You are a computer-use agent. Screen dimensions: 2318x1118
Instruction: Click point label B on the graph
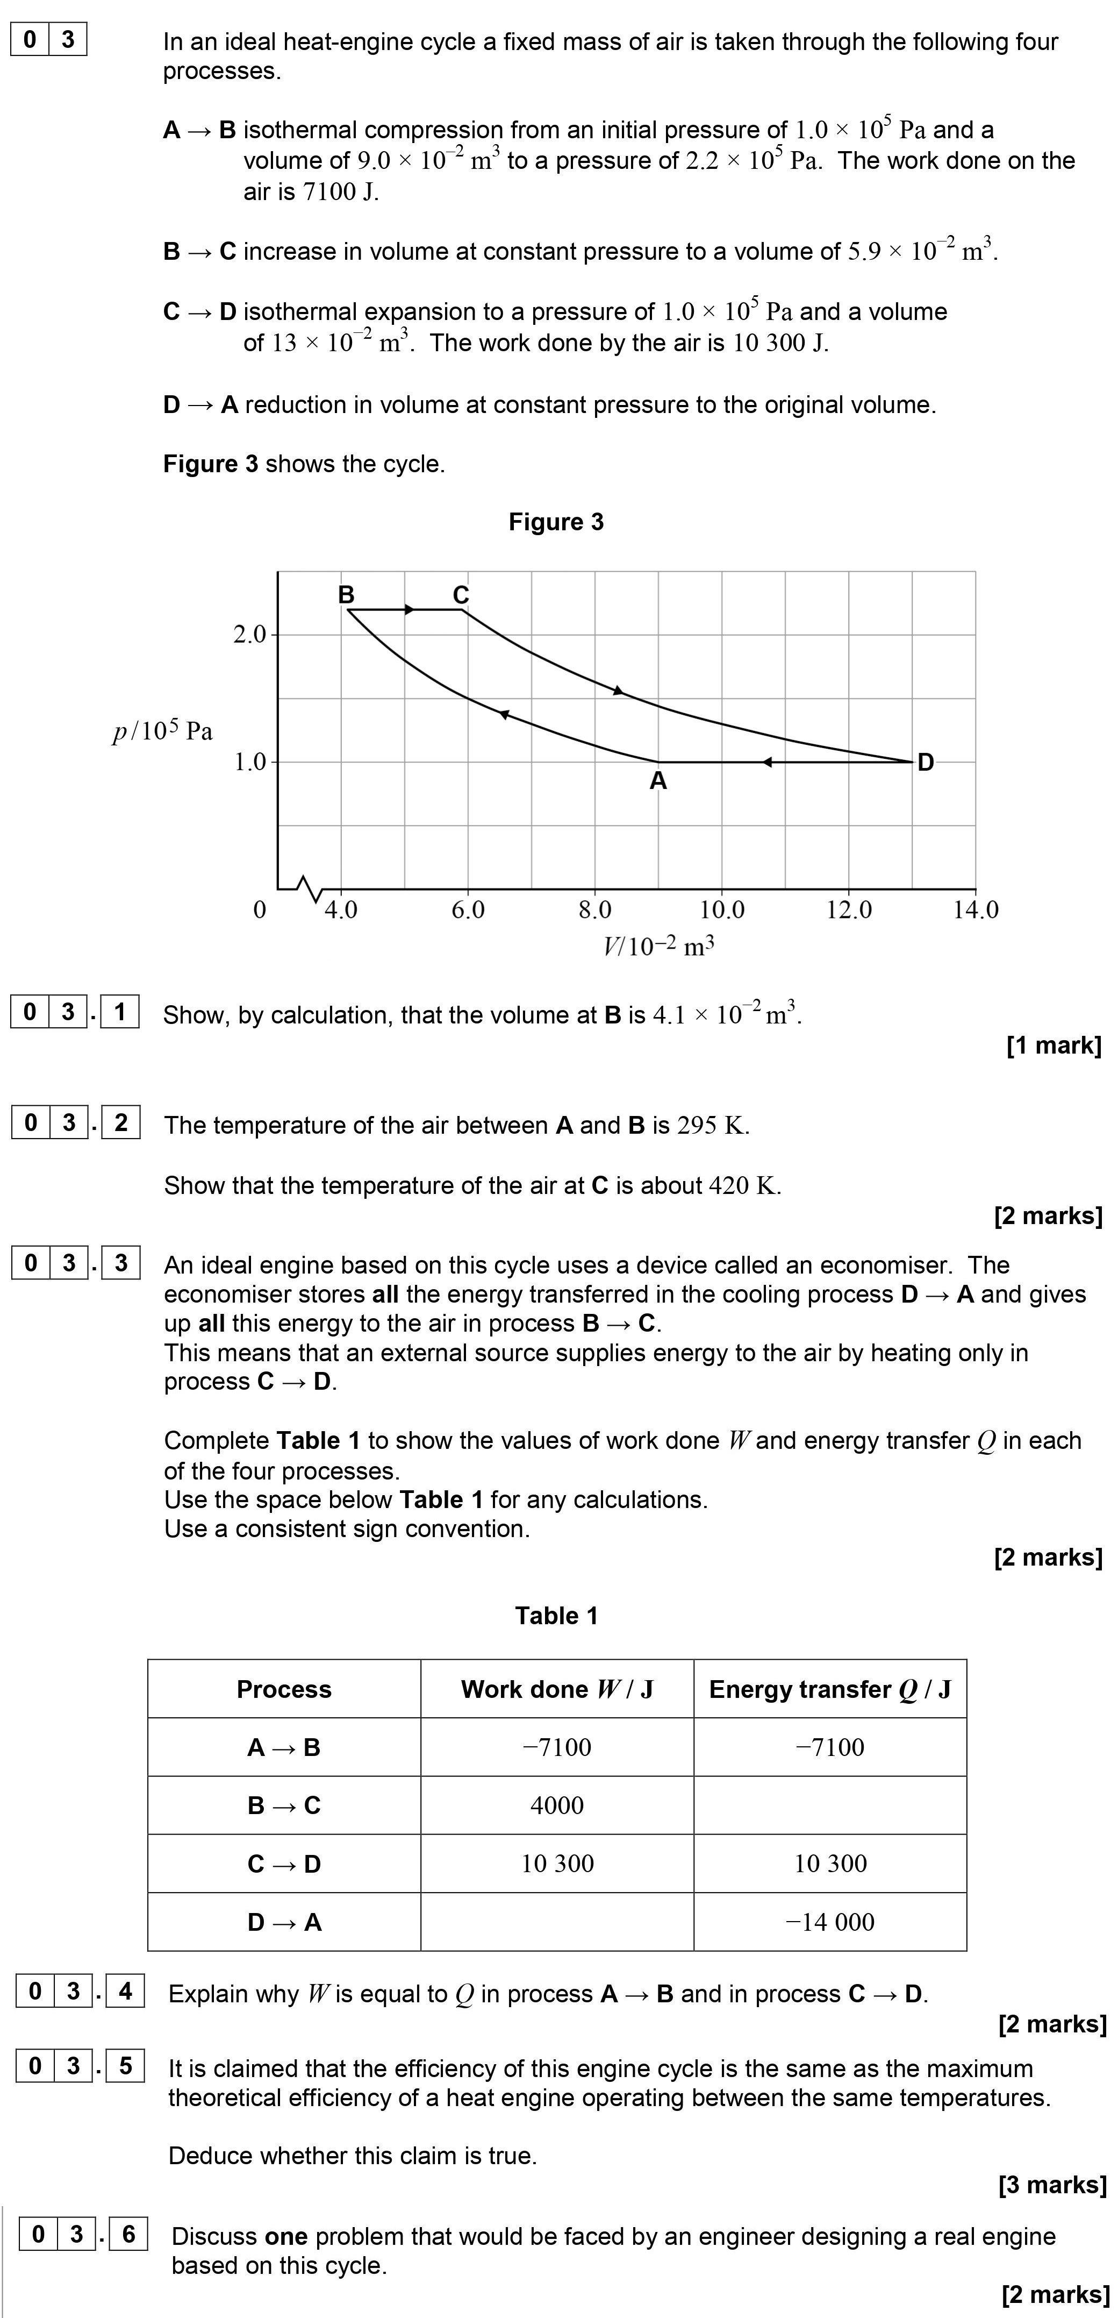pos(346,595)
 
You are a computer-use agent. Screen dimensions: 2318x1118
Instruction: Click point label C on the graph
pos(461,595)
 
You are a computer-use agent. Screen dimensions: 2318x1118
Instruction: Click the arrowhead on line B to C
pos(409,610)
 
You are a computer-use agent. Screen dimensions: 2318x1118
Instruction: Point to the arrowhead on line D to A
pos(767,762)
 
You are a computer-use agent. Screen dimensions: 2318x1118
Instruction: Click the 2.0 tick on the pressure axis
pos(250,635)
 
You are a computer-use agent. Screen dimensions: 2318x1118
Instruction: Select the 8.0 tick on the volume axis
pos(594,910)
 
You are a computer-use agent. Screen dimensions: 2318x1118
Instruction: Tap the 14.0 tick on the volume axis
pos(976,910)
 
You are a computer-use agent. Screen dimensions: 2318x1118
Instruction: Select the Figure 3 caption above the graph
pos(556,522)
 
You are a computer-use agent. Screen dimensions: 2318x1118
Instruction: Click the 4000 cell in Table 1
pos(557,1805)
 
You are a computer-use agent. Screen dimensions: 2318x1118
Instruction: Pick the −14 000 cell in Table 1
pos(829,1922)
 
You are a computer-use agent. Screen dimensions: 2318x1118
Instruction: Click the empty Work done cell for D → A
pos(557,1922)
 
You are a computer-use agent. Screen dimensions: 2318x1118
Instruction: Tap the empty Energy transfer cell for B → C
pos(829,1805)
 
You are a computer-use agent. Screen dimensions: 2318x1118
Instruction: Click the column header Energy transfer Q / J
pos(829,1689)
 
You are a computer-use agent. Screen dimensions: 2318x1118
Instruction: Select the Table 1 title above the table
pos(556,1615)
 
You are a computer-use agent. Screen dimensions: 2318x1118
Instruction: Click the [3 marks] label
pos(1051,2184)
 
